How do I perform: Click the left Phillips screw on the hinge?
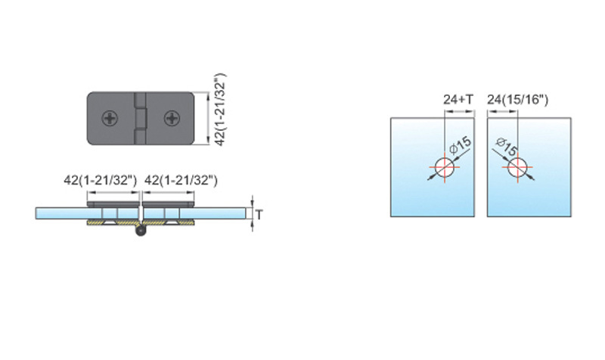coord(110,119)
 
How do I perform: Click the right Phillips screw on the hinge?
coord(172,119)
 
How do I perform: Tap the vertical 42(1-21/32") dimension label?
coord(220,110)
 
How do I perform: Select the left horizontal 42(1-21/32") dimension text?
coord(101,180)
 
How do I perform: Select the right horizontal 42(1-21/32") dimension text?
coord(181,180)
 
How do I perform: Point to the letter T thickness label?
coord(259,215)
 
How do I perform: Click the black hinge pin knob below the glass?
coord(141,231)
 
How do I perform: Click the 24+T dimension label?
coord(458,100)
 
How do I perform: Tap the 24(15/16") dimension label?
coord(517,100)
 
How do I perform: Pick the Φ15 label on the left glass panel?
coord(461,145)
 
